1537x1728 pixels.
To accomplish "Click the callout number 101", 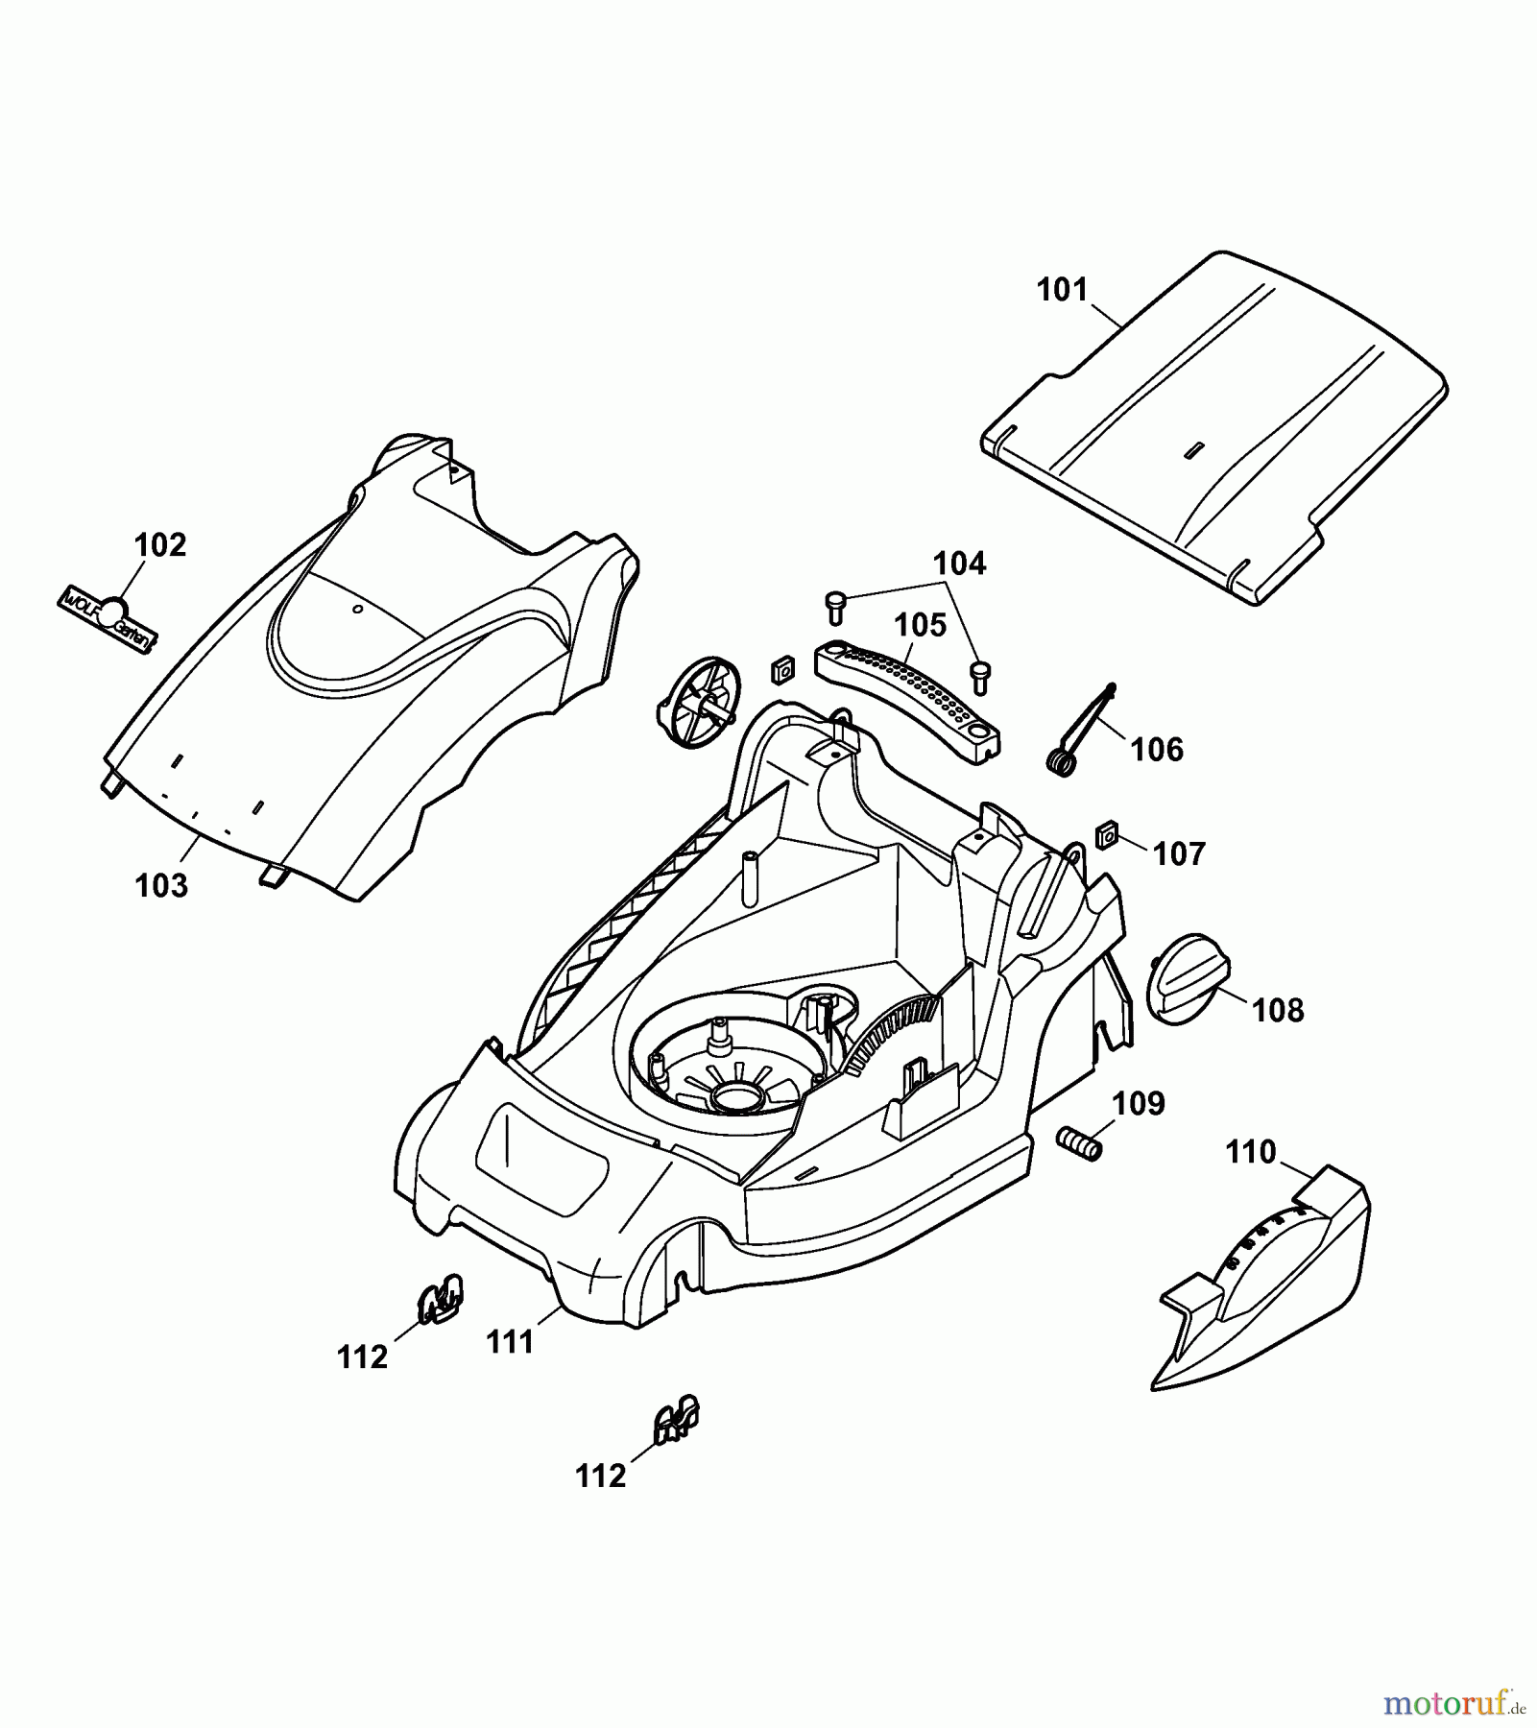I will coord(1062,290).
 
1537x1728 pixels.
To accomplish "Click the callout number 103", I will coord(161,885).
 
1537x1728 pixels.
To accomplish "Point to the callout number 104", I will coord(960,564).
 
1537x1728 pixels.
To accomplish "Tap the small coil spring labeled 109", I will coord(1077,1142).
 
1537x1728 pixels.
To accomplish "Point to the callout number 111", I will coord(510,1341).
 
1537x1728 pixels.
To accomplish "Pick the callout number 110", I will coord(1251,1151).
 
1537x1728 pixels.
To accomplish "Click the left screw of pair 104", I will coord(835,606).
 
